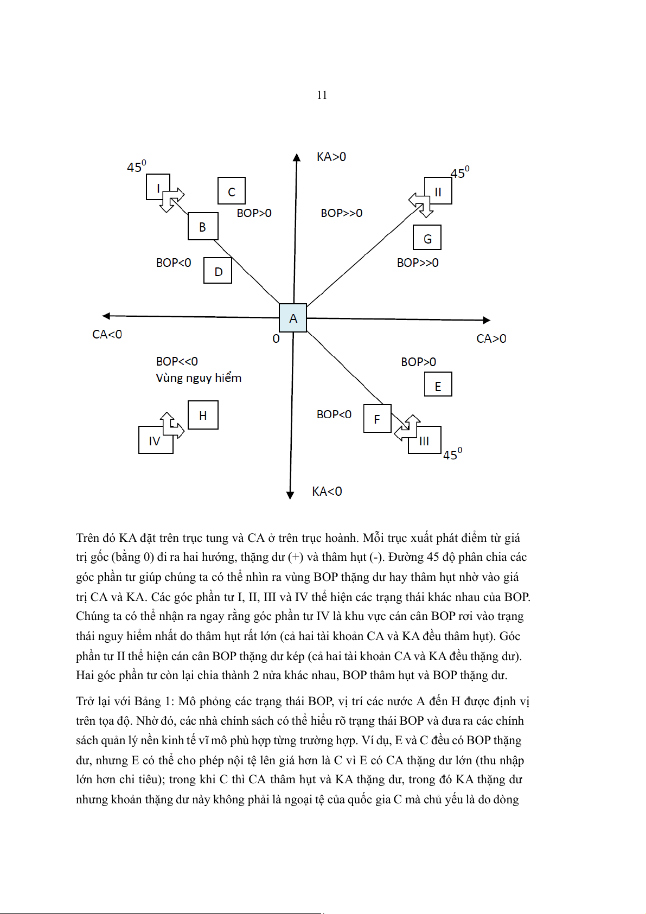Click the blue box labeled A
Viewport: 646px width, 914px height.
coord(293,318)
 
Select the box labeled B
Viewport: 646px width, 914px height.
coord(203,226)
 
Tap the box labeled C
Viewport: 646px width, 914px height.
coord(232,191)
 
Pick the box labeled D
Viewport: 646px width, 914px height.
coord(218,270)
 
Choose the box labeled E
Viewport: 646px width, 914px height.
coord(438,385)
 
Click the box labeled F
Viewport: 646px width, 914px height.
coord(377,419)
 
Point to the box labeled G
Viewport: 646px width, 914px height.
coord(427,238)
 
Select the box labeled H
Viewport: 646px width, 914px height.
coord(203,415)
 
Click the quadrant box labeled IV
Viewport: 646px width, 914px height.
coord(155,440)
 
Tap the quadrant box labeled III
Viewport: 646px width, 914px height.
coord(425,440)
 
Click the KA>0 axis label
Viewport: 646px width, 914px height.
coord(331,157)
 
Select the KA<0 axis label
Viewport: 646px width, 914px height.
coord(327,491)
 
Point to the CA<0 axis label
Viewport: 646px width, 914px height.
coord(107,334)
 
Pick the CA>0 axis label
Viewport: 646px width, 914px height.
coord(491,338)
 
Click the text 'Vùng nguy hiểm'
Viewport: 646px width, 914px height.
coord(199,378)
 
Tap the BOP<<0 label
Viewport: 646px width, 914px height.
coord(177,361)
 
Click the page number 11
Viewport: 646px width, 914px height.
coord(322,95)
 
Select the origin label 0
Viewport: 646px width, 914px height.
coord(276,339)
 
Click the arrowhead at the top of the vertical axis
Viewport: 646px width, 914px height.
coord(297,158)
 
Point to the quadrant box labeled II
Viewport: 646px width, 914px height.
coord(438,191)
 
